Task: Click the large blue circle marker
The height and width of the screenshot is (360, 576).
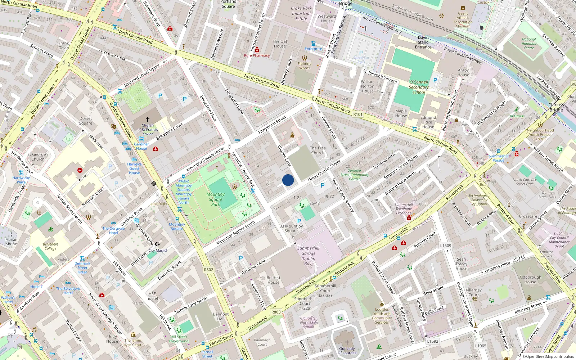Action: point(288,180)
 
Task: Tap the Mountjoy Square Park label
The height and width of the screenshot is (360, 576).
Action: point(215,199)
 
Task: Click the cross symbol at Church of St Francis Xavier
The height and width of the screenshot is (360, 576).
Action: point(147,119)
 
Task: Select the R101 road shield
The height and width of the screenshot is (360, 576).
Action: point(357,114)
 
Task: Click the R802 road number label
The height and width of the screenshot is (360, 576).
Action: point(208,270)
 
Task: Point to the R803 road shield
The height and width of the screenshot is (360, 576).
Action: point(276,312)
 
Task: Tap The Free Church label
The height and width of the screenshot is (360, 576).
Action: point(318,150)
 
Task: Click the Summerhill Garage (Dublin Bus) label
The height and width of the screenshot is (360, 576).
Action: point(308,256)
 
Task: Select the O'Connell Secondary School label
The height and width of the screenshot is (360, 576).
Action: point(419,87)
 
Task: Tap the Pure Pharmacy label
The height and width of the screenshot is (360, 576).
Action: point(257,55)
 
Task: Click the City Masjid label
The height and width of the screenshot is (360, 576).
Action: point(158,250)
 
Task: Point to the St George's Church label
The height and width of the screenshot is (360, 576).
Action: point(38,157)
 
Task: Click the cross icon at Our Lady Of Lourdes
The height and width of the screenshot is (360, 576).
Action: point(347,342)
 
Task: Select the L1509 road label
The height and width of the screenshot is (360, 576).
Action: point(445,246)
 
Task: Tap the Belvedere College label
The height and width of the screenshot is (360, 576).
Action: point(50,246)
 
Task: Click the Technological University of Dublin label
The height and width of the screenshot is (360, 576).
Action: point(480,200)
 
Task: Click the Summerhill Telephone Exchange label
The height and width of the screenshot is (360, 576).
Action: point(404,209)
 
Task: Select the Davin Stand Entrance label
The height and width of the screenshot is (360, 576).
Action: point(423,42)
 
